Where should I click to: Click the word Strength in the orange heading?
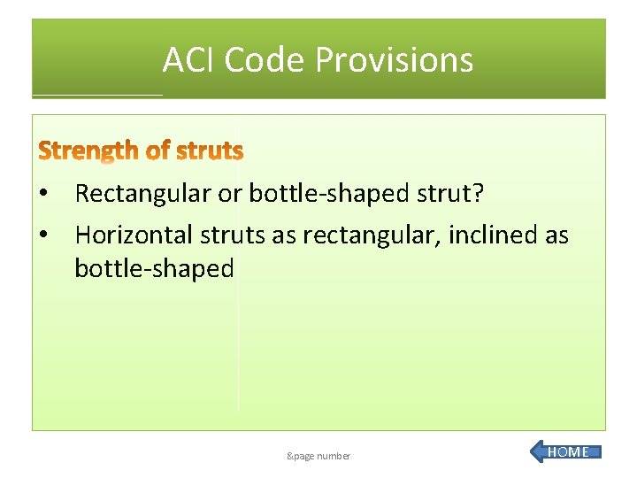pos(88,151)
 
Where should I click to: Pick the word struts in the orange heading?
pos(210,151)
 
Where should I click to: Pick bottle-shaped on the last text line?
pos(154,268)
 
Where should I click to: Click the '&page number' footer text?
pos(318,456)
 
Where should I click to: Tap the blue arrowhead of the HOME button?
pos(539,452)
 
